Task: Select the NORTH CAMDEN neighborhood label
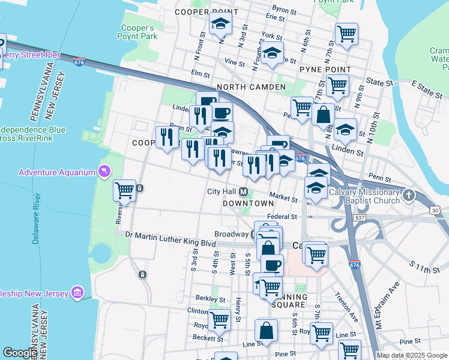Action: [251, 87]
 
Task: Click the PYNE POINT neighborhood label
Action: [325, 70]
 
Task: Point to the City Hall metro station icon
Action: [244, 192]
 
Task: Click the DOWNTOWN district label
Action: [248, 203]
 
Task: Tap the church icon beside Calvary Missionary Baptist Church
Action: [409, 195]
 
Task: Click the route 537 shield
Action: [360, 217]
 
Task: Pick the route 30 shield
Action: [435, 210]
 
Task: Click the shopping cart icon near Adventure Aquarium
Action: [124, 190]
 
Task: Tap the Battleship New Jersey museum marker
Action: [77, 292]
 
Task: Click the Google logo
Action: [19, 353]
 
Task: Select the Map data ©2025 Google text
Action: [412, 355]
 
